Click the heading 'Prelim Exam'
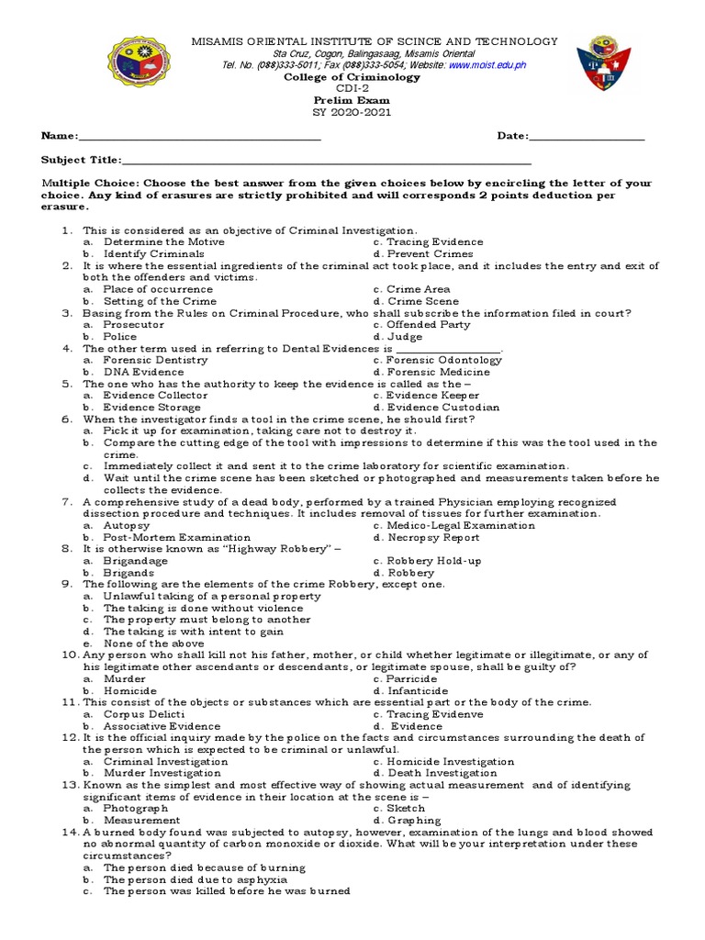[x=352, y=101]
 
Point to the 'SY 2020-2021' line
[x=352, y=112]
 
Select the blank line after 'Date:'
[x=587, y=137]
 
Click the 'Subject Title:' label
[x=81, y=160]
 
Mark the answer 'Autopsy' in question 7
[x=126, y=526]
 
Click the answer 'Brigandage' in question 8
[x=136, y=561]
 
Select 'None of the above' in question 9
[x=153, y=643]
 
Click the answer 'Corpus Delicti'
[x=144, y=714]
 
